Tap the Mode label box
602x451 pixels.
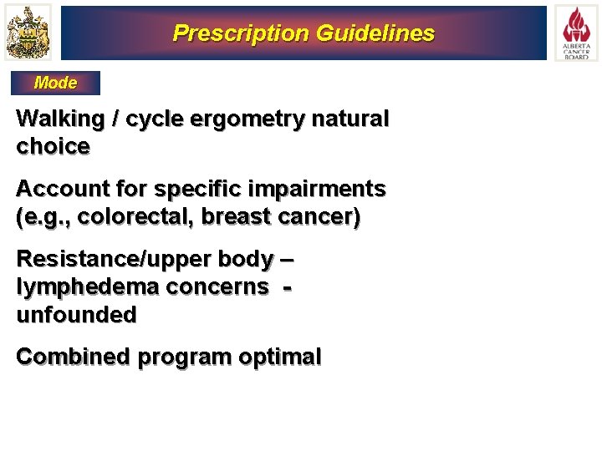click(55, 83)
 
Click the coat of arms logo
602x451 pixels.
click(28, 33)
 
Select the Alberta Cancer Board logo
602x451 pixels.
click(575, 33)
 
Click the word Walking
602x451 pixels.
click(55, 119)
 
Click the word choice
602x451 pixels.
click(53, 147)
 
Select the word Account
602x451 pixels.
click(58, 190)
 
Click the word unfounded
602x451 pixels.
click(76, 315)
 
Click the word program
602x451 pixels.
click(185, 357)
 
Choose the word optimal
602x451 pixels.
click(280, 357)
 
